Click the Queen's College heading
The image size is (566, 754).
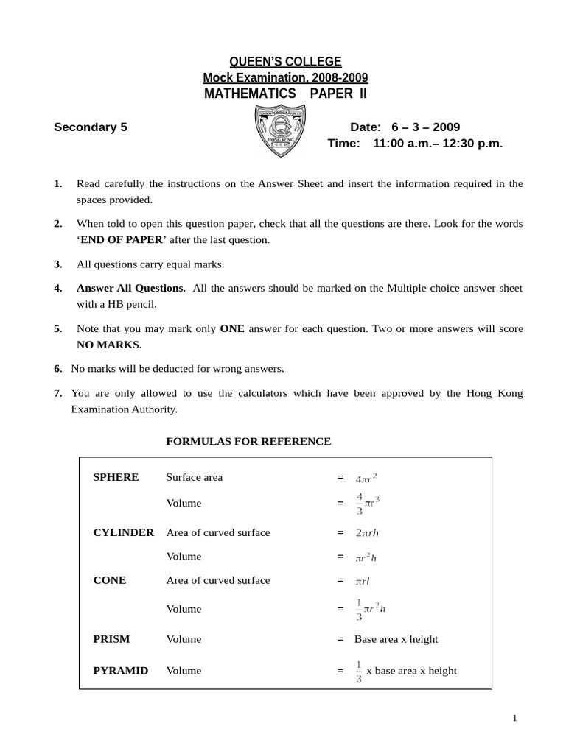(x=285, y=62)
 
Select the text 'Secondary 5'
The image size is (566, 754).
(x=91, y=127)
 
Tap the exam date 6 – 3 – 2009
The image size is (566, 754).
(x=427, y=127)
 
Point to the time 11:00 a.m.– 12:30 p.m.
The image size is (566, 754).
(x=438, y=144)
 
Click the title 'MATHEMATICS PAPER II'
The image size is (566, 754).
(x=284, y=94)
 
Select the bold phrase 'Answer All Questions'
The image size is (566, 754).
(x=130, y=288)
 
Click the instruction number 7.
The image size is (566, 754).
(x=57, y=393)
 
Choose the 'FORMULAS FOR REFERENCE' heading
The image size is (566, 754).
(x=248, y=441)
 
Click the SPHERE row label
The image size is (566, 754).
(x=116, y=477)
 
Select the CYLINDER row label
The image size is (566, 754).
(x=123, y=532)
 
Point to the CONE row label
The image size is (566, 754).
(x=110, y=580)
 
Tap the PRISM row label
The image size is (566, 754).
(x=111, y=639)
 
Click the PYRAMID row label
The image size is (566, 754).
(x=121, y=671)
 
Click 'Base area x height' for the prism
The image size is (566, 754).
(x=396, y=639)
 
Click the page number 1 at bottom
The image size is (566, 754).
(x=514, y=719)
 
